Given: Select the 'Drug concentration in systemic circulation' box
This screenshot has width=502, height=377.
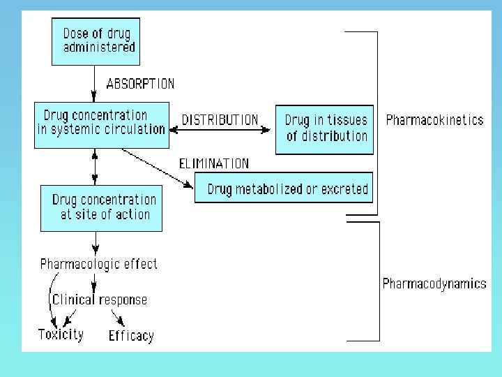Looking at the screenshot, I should (x=102, y=124).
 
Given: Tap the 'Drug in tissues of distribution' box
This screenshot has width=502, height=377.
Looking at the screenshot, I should (x=324, y=129).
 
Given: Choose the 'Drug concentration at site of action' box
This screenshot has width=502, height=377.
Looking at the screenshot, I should (x=102, y=207).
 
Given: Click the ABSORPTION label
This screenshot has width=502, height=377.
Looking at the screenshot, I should (x=140, y=84).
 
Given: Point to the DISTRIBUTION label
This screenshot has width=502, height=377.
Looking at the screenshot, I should (x=220, y=120).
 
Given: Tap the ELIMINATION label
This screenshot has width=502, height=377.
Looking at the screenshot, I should (x=214, y=163).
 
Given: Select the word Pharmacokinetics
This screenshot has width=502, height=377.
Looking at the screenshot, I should (x=434, y=120).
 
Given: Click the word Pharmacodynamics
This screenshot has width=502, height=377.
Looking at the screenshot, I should (x=434, y=283).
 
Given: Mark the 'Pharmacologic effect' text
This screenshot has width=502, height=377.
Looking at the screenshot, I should (x=99, y=264).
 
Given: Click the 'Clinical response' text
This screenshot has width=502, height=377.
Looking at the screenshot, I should (x=100, y=300).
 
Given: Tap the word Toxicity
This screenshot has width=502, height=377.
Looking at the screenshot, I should (x=61, y=334).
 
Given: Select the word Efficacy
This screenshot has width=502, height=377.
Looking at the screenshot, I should (x=130, y=336).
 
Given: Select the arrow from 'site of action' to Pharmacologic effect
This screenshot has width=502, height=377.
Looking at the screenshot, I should (x=95, y=243).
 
